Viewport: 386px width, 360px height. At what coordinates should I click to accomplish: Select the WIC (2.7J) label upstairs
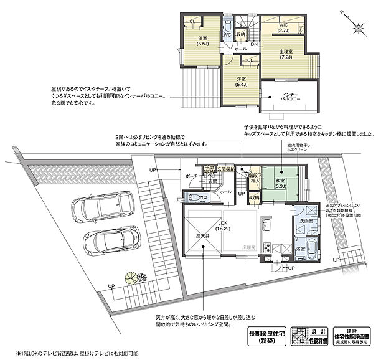point(281,27)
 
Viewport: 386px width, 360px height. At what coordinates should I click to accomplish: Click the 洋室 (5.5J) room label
point(202,41)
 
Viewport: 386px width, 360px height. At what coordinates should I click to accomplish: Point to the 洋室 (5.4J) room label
point(242,82)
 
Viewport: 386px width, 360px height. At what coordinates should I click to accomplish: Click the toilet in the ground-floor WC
point(194,197)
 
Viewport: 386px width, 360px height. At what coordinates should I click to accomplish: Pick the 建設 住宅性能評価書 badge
point(350,337)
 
